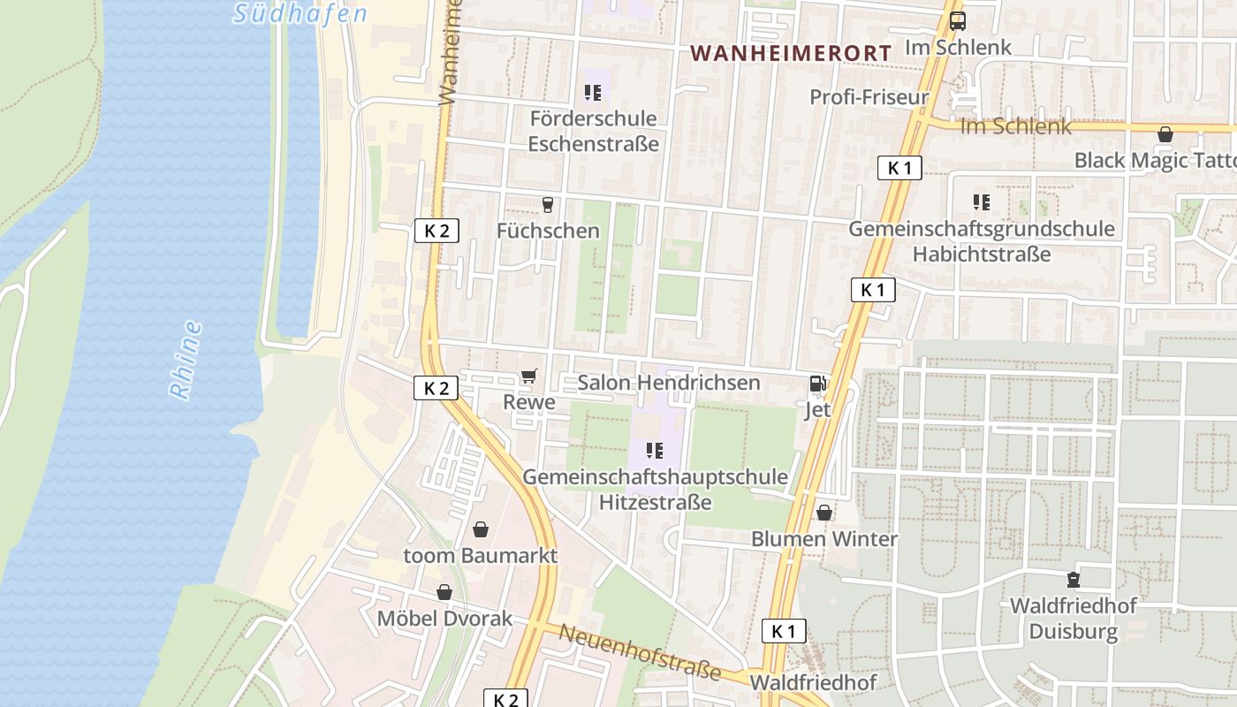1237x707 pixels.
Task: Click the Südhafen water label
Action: click(x=300, y=13)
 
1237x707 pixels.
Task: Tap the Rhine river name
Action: click(x=186, y=361)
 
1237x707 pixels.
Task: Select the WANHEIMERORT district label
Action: click(x=791, y=53)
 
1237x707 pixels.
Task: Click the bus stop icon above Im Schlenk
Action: click(x=957, y=21)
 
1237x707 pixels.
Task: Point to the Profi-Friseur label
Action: click(x=869, y=97)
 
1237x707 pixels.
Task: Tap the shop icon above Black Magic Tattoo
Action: click(x=1165, y=135)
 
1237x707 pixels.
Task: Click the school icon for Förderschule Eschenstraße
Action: click(x=593, y=92)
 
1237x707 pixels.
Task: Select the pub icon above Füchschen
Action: click(x=548, y=205)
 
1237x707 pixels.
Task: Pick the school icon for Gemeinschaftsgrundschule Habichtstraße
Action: click(x=981, y=202)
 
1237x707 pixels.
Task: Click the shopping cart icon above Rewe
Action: click(x=528, y=376)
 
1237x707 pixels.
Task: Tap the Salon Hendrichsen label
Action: click(x=668, y=383)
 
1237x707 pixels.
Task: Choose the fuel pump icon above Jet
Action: click(x=818, y=384)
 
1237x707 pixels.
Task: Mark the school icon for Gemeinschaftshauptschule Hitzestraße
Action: click(x=655, y=451)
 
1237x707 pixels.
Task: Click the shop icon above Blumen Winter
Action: click(x=824, y=513)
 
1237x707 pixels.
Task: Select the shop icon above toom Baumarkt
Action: click(x=480, y=529)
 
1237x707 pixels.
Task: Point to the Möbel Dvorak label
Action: click(x=444, y=619)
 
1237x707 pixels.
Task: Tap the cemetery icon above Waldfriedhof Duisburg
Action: click(x=1074, y=580)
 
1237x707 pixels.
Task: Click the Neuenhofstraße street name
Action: click(x=640, y=652)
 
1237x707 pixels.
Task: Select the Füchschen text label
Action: click(x=548, y=232)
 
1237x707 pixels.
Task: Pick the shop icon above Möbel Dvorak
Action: click(x=444, y=592)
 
